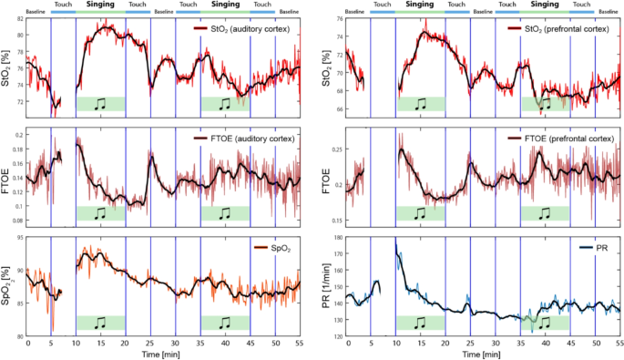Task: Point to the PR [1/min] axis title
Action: tap(327, 286)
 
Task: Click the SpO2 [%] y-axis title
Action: tap(8, 286)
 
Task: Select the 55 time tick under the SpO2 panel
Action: tap(300, 343)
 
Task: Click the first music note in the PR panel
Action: tap(420, 322)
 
